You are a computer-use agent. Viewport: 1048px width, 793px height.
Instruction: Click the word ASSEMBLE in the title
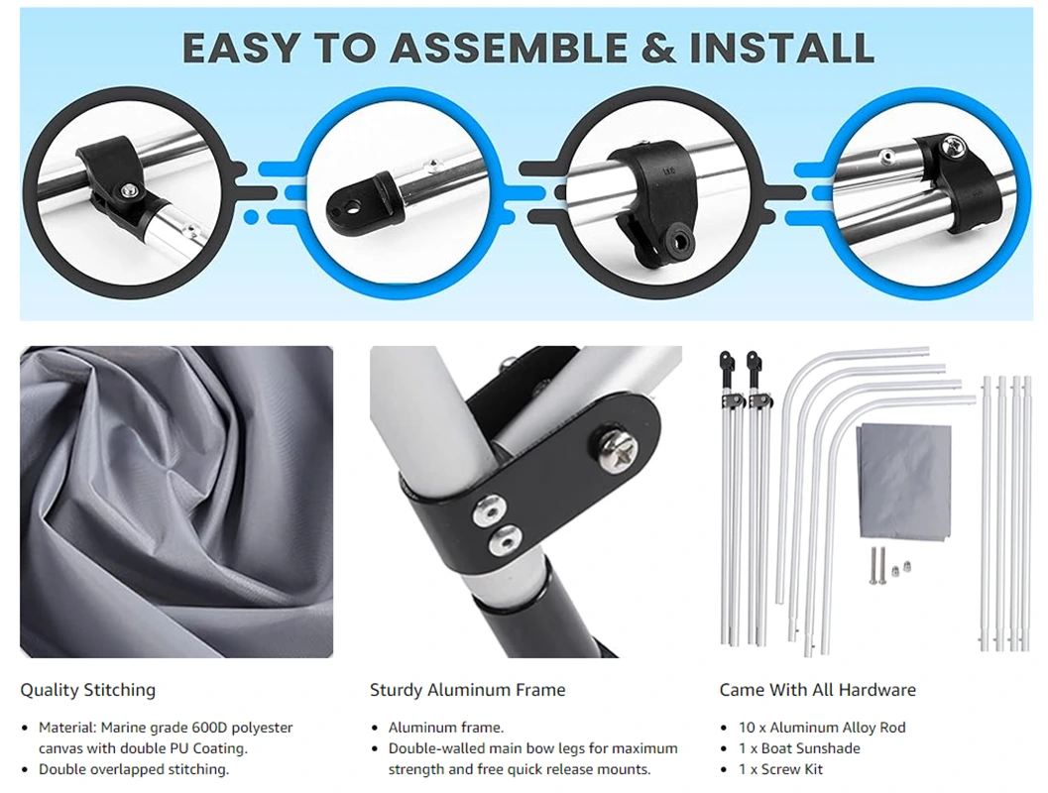[509, 48]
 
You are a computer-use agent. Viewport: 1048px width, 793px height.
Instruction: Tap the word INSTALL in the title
[782, 48]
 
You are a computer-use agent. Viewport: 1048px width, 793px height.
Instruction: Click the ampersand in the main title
[658, 48]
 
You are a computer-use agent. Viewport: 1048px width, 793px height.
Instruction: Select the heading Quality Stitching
[87, 690]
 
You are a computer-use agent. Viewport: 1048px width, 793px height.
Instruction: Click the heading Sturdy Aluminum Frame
[467, 690]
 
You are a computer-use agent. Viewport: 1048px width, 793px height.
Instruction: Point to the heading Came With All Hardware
[817, 690]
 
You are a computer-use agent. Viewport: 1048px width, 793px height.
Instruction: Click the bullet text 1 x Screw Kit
[780, 769]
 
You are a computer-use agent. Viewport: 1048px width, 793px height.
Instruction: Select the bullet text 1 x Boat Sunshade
[799, 748]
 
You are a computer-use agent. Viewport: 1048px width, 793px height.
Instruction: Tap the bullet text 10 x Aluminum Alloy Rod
[822, 728]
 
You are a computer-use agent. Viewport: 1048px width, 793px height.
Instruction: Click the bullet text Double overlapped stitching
[134, 769]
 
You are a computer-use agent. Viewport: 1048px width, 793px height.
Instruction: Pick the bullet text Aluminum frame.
[446, 728]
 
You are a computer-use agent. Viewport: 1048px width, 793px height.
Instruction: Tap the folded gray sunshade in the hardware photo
[903, 481]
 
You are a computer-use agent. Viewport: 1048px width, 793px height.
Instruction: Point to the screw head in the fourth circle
[954, 146]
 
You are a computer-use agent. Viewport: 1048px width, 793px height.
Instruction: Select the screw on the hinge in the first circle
[127, 190]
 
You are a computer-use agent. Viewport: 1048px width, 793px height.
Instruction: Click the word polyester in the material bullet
[260, 728]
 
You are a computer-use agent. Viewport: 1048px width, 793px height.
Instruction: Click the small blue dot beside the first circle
[251, 216]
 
